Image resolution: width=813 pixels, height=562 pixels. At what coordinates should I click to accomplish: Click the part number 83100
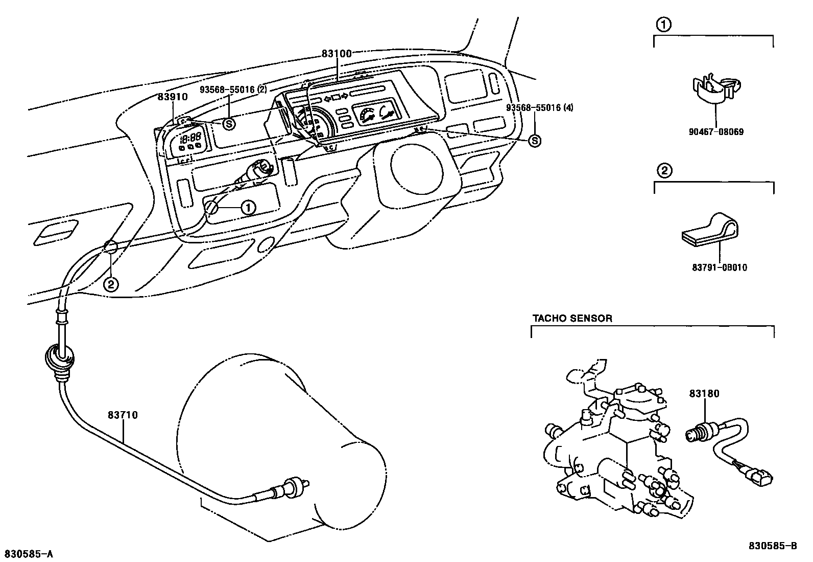click(337, 53)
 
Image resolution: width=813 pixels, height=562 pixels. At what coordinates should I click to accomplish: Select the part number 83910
click(172, 96)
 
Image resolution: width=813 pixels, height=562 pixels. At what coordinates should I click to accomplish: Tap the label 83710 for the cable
click(123, 415)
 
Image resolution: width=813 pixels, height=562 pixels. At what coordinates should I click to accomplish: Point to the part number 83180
click(704, 394)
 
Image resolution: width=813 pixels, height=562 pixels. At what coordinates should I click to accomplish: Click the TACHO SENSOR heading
click(572, 319)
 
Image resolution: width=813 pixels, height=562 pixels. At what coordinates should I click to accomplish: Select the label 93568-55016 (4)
click(540, 107)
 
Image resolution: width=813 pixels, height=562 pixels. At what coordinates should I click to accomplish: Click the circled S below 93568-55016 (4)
click(534, 141)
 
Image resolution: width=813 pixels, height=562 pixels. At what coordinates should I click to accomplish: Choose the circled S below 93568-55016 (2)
click(229, 123)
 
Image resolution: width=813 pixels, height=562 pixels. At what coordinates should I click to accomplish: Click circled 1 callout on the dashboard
click(248, 208)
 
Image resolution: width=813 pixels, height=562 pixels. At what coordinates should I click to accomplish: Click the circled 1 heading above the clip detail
click(662, 24)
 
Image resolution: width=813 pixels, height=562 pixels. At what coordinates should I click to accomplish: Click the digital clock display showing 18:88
click(191, 138)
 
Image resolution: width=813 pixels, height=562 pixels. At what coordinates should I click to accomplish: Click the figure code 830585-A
click(29, 554)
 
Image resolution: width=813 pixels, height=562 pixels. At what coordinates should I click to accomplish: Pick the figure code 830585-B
click(773, 546)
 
